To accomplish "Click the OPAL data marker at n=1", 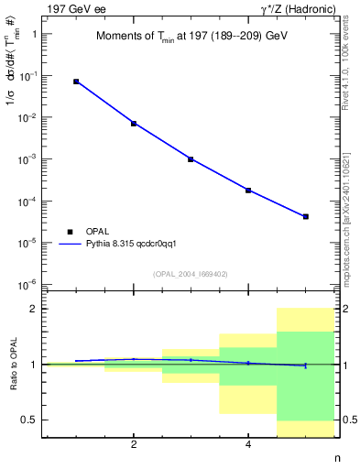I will [x=76, y=82].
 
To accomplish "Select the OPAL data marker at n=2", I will [x=134, y=124].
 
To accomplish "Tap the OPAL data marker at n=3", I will [x=191, y=159].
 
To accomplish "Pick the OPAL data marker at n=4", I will [x=248, y=191].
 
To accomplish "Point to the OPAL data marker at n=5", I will [x=305, y=217].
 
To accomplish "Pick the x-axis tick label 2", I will [x=134, y=444].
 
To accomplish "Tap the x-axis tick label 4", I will [x=248, y=444].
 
